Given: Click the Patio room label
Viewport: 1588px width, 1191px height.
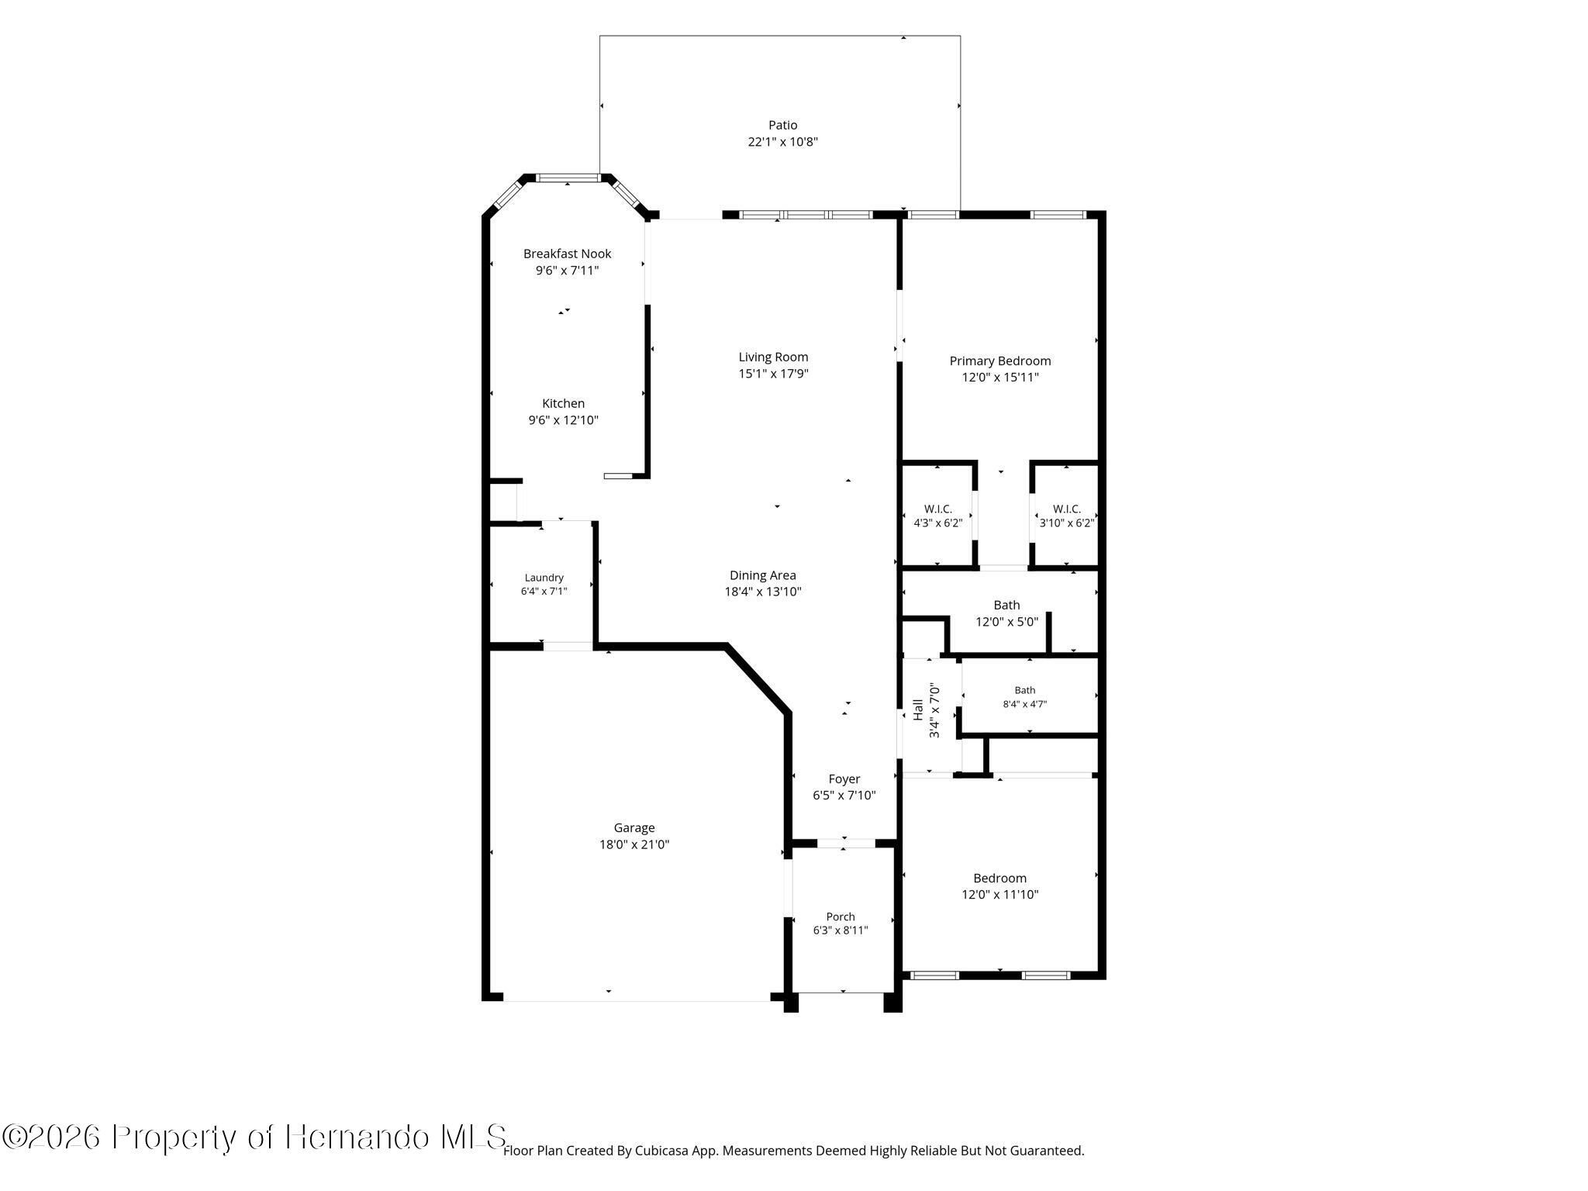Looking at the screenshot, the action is coord(782,125).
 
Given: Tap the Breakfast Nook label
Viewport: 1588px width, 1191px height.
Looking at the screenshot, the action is coord(567,254).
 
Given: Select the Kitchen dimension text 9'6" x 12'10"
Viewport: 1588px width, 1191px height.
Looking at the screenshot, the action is coord(563,420).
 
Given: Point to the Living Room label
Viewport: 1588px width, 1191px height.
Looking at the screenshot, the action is coord(773,357).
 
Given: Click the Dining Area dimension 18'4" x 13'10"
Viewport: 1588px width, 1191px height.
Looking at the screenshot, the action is coord(762,592).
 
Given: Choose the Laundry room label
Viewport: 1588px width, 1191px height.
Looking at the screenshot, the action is coord(544,578).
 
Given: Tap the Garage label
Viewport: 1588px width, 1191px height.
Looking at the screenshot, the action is coord(634,828).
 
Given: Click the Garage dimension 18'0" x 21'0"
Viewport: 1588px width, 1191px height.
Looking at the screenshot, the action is coord(634,844).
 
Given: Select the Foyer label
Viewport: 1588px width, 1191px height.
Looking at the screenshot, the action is coord(844,779).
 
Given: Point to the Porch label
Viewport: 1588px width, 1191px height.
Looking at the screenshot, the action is coord(841,917).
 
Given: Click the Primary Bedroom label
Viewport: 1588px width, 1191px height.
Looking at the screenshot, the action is coord(1000,361).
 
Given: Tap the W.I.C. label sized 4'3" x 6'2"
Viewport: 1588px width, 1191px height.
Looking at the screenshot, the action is coord(937,509).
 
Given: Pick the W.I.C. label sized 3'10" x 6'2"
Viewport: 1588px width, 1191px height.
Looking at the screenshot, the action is coord(1066,509).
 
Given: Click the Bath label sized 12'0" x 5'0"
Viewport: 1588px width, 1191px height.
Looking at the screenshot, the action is coord(1006,605).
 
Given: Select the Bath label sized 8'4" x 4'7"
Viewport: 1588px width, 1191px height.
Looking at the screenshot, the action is coord(1024,690).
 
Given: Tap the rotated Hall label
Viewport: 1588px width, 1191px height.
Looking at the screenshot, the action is coord(918,710).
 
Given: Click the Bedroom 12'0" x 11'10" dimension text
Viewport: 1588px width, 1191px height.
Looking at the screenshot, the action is coord(1000,895).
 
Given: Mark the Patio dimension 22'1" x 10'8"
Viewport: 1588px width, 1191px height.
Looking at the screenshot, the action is coord(782,142).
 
